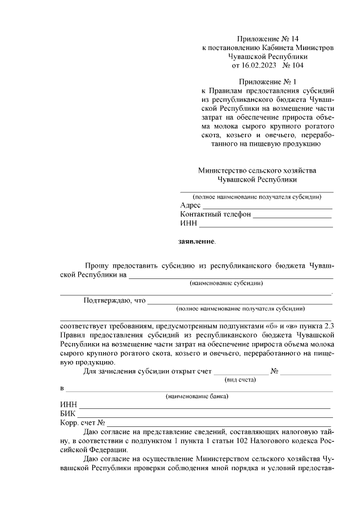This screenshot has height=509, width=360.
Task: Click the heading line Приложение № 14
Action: pos(267,39)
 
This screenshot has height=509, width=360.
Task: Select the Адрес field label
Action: pos(190,205)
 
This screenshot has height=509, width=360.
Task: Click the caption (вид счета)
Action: pos(240,380)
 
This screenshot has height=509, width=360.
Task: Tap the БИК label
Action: pos(67,414)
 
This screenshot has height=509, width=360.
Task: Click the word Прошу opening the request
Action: pos(96,265)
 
